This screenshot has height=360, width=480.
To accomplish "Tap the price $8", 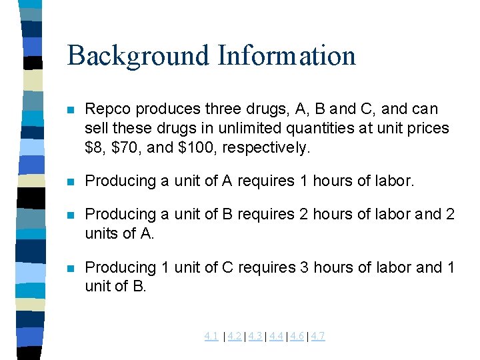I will tap(94, 147).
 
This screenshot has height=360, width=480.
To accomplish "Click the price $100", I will tap(194, 147).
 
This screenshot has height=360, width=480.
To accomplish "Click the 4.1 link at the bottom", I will tap(211, 336).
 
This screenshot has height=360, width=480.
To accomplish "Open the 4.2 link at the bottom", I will tap(234, 336).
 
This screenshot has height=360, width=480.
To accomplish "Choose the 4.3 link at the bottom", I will tap(255, 336).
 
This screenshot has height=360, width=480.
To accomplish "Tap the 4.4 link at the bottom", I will tap(276, 336).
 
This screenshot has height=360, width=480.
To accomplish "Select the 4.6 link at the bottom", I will tap(297, 336).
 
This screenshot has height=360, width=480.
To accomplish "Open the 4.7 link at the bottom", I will tap(317, 336).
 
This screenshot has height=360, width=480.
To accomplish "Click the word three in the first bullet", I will tap(222, 109).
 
